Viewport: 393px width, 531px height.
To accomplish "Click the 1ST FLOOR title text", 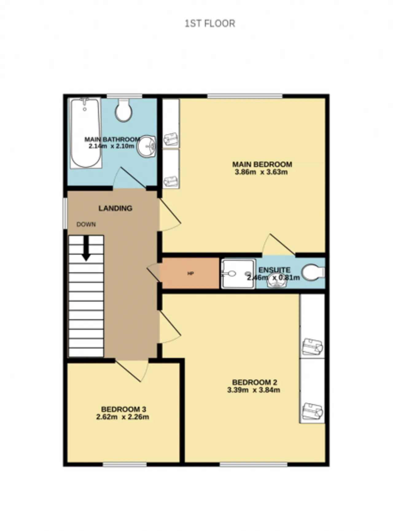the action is tap(210, 24).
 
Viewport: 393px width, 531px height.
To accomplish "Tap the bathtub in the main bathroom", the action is tap(86, 133).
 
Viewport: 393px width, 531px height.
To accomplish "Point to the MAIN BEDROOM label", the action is tap(262, 164).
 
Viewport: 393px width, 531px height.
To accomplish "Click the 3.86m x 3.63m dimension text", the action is tap(261, 172).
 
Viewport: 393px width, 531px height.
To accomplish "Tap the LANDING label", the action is tap(115, 208).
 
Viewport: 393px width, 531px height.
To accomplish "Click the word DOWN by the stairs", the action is tap(86, 225).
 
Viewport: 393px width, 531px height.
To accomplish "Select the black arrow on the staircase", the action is tap(86, 248).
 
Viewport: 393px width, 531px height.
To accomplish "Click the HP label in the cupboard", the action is tap(190, 273).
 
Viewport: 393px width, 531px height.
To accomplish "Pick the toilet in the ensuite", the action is tap(313, 272).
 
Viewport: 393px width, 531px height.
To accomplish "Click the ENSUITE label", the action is tap(274, 270).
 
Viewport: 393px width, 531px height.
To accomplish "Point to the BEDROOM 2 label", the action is tap(255, 382).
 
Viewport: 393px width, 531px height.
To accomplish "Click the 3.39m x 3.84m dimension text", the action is tap(254, 390).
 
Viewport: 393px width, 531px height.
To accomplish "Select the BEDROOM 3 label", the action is tap(123, 409).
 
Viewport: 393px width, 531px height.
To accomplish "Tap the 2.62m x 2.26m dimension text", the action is tap(123, 417).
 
